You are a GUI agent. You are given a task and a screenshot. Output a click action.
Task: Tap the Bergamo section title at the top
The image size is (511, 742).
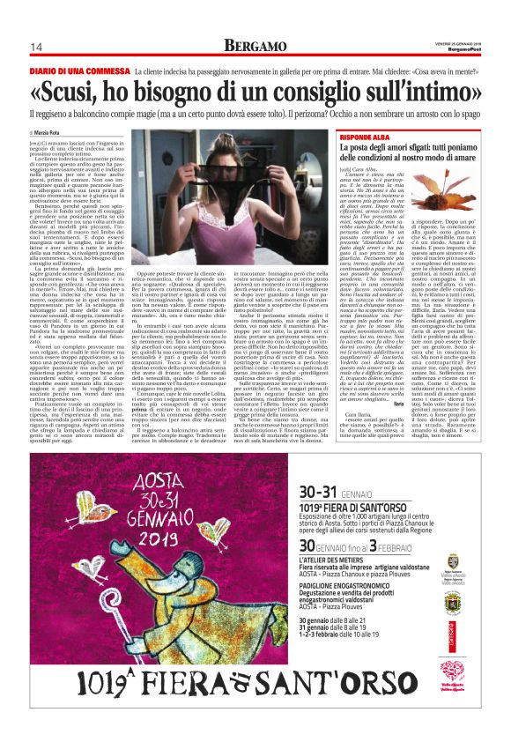[255, 45]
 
